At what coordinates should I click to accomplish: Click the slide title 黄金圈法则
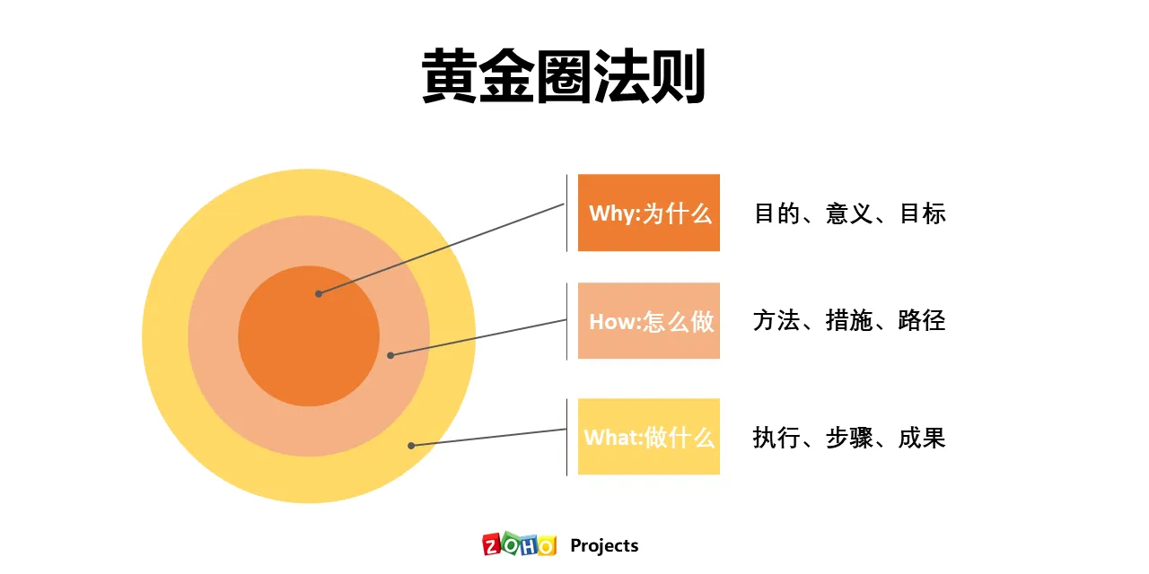coord(564,77)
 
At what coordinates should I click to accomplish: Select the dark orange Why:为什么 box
coord(648,213)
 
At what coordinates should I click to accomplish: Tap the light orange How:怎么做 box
coord(648,321)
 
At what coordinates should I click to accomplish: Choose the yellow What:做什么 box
coord(648,437)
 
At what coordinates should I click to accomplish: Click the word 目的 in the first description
coord(776,213)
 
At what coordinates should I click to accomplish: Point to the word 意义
coord(849,213)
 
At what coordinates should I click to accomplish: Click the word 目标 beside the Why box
coord(922,213)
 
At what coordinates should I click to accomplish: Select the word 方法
coord(776,321)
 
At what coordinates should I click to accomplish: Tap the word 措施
coord(849,321)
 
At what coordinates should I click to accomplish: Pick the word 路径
coord(922,321)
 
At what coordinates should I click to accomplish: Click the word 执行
coord(776,438)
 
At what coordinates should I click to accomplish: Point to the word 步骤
coord(849,438)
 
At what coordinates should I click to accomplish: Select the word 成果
coord(922,438)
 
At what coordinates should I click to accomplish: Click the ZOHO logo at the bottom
coord(519,545)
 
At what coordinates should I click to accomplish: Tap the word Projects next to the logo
coord(604,545)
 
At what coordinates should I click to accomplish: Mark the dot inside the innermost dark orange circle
coord(318,293)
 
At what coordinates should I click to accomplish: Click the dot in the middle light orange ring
coord(390,355)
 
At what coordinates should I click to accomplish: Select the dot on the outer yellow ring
coord(411,445)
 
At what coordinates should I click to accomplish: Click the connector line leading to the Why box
coord(440,248)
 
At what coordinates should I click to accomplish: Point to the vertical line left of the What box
coord(566,437)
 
